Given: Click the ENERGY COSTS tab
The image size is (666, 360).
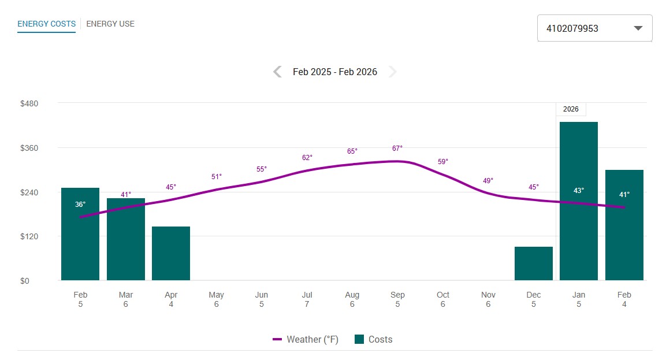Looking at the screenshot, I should [x=46, y=24].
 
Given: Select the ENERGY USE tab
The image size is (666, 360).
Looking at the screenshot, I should [x=110, y=24].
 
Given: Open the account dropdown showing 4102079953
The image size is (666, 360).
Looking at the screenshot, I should [x=594, y=28].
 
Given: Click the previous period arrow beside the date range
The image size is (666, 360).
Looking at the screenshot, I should [x=277, y=72].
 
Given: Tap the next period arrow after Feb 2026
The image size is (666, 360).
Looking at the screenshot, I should [x=393, y=72].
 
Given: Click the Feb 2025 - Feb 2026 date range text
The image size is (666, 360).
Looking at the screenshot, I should [x=335, y=72].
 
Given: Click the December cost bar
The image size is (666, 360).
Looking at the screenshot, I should [x=533, y=263].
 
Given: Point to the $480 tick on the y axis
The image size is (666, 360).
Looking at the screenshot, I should [x=29, y=103].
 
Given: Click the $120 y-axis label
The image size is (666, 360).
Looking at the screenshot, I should [x=29, y=236].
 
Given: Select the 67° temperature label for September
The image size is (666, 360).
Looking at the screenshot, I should [x=397, y=148].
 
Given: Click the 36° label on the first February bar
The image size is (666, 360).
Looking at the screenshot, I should [x=80, y=205].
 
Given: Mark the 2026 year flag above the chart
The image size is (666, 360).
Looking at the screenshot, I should [x=571, y=109].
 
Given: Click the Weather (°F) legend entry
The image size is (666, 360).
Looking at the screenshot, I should [x=306, y=339].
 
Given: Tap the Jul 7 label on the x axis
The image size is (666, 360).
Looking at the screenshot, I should [x=307, y=299].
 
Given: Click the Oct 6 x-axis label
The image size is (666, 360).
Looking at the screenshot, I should [x=442, y=299].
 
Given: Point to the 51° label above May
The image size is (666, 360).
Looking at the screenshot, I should [x=216, y=176].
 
